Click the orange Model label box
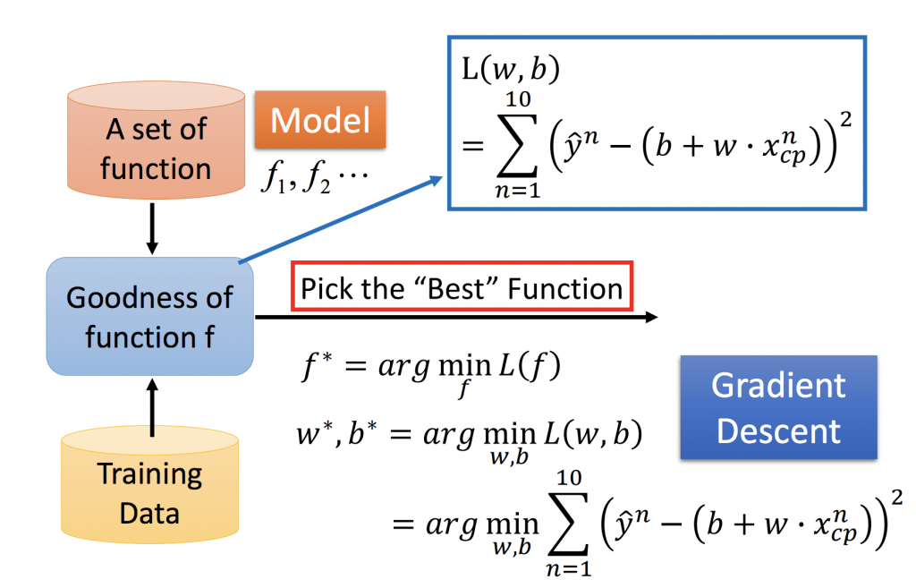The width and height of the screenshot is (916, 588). click(320, 119)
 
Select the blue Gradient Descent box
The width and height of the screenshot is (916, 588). click(779, 407)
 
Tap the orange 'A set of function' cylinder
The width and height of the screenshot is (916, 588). click(156, 140)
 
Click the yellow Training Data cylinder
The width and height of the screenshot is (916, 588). click(150, 484)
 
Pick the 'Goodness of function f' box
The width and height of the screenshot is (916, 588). click(150, 316)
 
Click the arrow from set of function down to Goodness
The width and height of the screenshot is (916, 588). click(152, 228)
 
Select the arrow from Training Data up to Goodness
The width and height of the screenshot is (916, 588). click(152, 407)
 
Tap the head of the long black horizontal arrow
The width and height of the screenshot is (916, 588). click(651, 317)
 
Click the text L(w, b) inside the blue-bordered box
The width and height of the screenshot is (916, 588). click(511, 69)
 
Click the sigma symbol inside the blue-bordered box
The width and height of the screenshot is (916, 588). click(518, 145)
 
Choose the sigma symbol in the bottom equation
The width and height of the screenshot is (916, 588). click(568, 524)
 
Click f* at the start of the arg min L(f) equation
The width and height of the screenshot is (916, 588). click(318, 367)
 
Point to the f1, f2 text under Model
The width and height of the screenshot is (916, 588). click(315, 175)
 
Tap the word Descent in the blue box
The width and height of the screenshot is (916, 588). click(779, 431)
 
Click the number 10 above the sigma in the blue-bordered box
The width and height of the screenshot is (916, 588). click(518, 99)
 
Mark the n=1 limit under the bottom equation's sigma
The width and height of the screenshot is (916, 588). click(568, 567)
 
